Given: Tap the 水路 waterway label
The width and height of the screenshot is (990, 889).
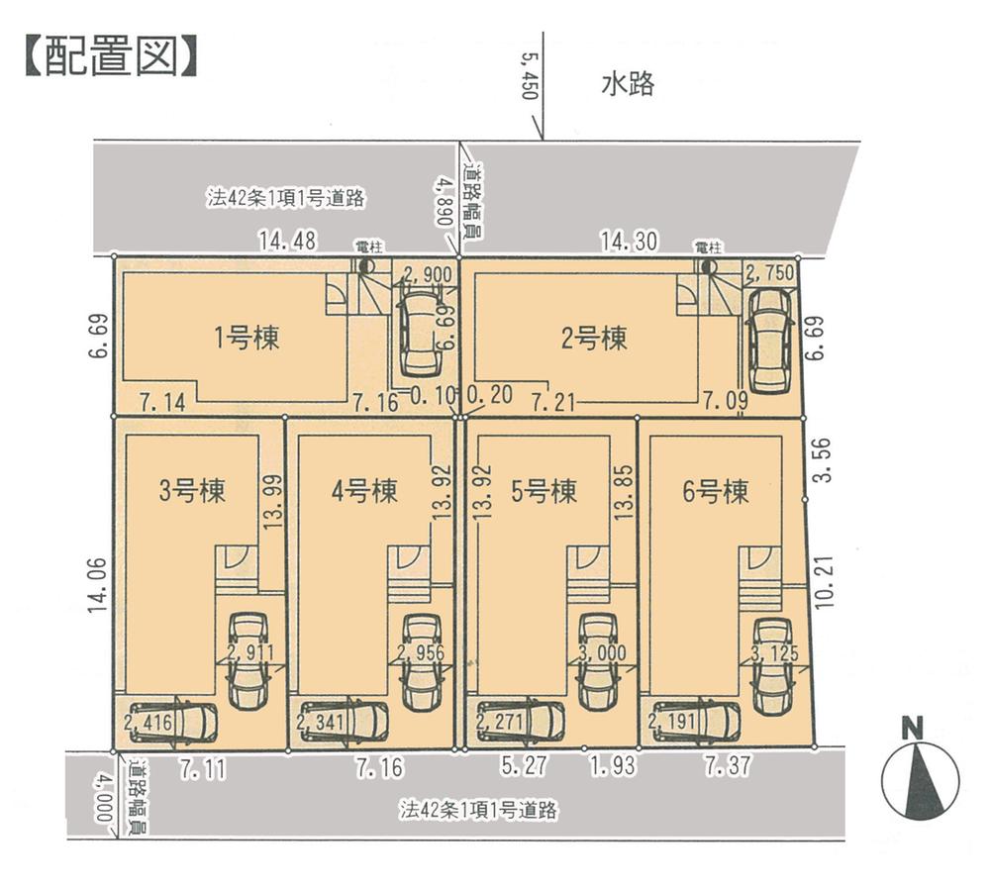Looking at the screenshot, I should click(x=628, y=85).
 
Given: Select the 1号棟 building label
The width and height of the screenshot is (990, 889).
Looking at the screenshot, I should click(x=247, y=339).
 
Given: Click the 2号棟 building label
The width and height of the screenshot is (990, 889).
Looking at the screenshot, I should click(x=594, y=339).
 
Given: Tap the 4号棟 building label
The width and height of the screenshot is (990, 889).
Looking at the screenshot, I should click(x=364, y=491).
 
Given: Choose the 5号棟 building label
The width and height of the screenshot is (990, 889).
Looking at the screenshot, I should click(x=544, y=491).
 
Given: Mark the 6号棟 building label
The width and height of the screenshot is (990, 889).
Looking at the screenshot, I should click(x=716, y=491).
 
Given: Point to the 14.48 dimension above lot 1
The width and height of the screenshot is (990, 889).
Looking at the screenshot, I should click(x=286, y=240).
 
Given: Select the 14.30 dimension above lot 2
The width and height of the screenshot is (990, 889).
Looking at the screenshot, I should click(x=629, y=240).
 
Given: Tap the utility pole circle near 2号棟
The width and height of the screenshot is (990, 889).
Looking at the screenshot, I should click(x=707, y=266).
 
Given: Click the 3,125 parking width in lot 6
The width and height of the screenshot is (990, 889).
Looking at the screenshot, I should click(x=774, y=654).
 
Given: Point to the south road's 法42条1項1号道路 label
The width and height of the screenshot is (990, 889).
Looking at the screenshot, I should click(x=479, y=810).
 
